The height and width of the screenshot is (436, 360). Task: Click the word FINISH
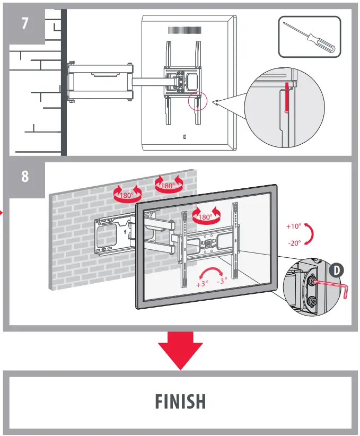pyautogui.click(x=180, y=401)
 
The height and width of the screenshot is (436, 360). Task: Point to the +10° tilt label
pyautogui.click(x=293, y=226)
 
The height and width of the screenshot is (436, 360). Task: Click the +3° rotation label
pyautogui.click(x=202, y=284)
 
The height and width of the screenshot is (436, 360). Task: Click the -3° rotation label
pyautogui.click(x=222, y=281)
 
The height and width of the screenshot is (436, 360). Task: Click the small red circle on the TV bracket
pyautogui.click(x=197, y=101)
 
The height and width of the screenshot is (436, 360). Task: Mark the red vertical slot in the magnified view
pyautogui.click(x=286, y=97)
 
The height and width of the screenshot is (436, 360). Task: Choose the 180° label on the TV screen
pyautogui.click(x=205, y=217)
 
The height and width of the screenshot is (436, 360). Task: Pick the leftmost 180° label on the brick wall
pyautogui.click(x=126, y=195)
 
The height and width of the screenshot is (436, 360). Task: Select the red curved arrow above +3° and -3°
pyautogui.click(x=213, y=271)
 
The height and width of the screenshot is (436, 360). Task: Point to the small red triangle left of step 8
pyautogui.click(x=2, y=213)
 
